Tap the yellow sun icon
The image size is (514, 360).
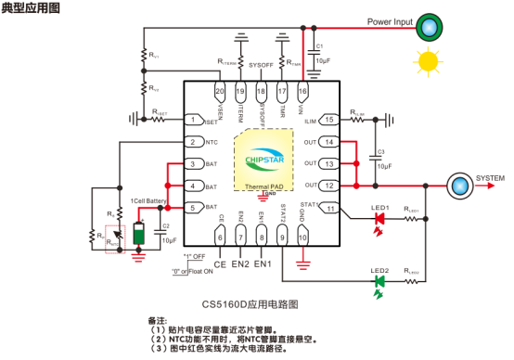tap(428, 61)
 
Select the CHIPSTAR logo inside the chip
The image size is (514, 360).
tap(267, 160)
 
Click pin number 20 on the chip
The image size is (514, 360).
tap(220, 92)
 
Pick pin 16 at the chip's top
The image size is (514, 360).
tap(302, 92)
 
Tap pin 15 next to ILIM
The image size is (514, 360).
tap(328, 120)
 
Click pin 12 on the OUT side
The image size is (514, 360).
tap(328, 185)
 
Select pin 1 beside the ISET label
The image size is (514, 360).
tap(193, 120)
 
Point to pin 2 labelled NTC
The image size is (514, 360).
tap(193, 142)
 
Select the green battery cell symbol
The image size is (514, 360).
tap(138, 233)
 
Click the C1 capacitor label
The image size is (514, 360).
tap(319, 45)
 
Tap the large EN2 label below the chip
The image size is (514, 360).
tap(240, 264)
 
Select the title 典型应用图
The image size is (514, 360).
tap(28, 6)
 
